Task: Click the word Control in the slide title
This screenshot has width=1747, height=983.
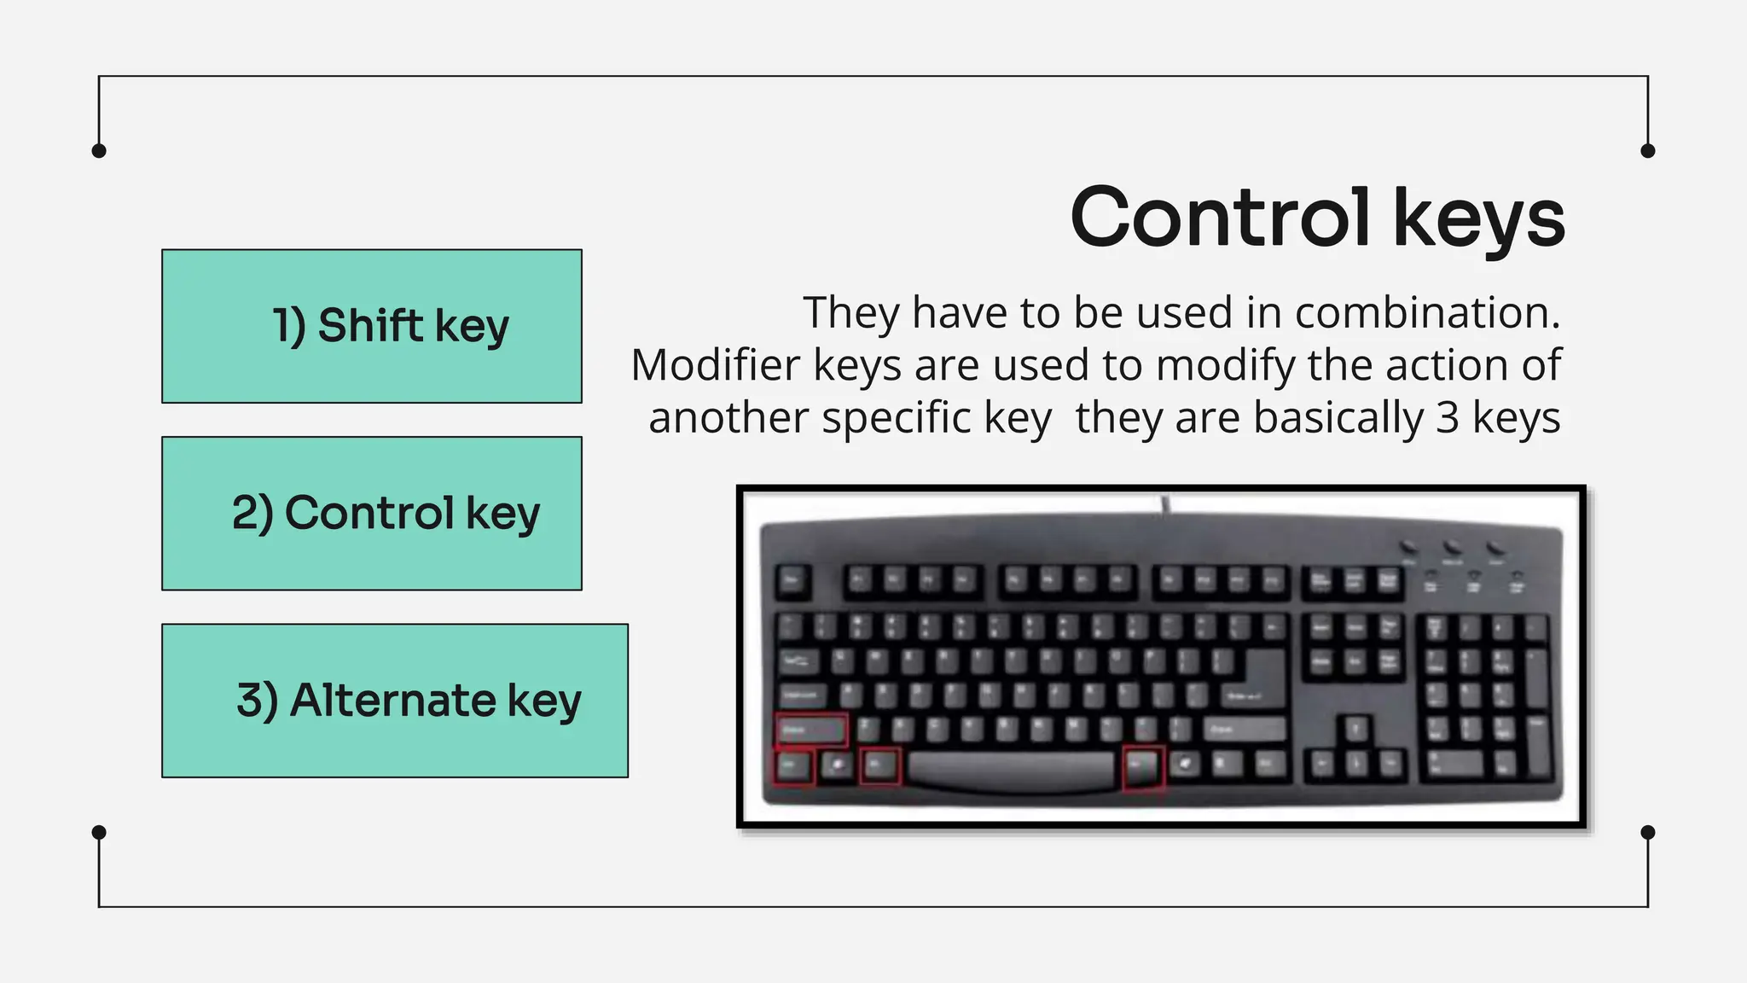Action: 1220,218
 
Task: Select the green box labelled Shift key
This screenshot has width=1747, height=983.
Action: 372,326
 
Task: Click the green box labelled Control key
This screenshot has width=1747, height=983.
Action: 372,514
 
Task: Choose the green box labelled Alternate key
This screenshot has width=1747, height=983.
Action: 395,701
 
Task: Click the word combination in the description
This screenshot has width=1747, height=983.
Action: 1426,312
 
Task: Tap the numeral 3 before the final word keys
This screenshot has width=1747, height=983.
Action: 1448,418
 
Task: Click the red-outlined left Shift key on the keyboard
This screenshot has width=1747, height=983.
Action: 810,730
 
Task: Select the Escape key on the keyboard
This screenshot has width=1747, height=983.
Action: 792,583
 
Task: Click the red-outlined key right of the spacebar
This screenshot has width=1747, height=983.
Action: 1143,765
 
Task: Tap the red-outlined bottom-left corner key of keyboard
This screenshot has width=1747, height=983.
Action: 793,765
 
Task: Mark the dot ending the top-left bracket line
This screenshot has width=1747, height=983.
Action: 99,151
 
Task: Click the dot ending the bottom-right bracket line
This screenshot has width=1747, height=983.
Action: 1648,832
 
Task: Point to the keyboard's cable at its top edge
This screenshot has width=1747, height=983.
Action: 1165,505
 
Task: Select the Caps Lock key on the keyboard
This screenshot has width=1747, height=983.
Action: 802,695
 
